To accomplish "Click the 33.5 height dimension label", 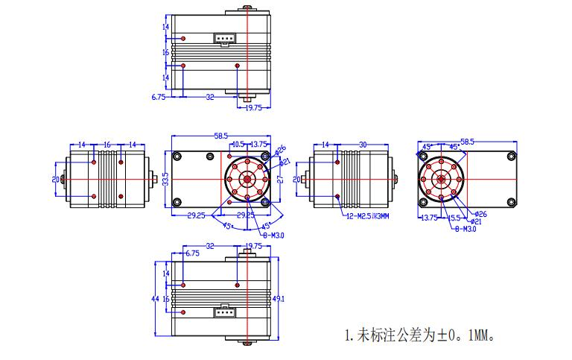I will click(166, 180).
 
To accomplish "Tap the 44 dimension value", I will click(154, 298).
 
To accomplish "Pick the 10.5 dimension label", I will click(239, 144).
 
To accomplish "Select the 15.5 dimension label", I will click(453, 218).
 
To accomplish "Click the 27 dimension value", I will click(280, 179).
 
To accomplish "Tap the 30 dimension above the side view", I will click(363, 144).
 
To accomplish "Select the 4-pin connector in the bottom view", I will click(224, 312).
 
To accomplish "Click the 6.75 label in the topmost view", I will click(158, 97).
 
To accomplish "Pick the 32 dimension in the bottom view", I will click(210, 245).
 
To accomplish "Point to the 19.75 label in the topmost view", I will click(253, 107).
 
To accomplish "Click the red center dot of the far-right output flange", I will click(440, 179).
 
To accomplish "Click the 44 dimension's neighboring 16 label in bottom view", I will click(166, 298).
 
